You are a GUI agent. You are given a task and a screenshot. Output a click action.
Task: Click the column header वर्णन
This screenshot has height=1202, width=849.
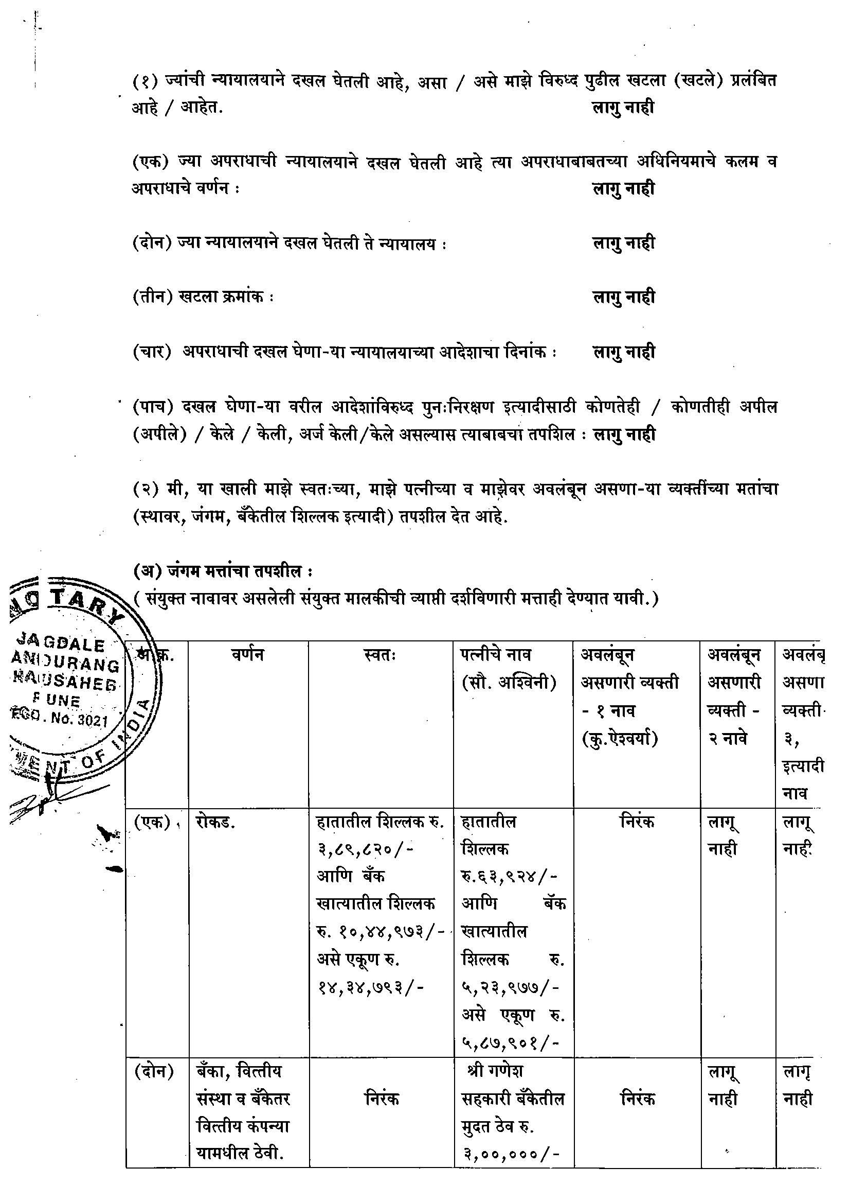pyautogui.click(x=248, y=654)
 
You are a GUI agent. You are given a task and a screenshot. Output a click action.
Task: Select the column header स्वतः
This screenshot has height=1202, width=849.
pyautogui.click(x=381, y=654)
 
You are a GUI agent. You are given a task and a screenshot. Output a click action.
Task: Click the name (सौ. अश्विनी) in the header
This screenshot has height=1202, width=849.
pyautogui.click(x=509, y=683)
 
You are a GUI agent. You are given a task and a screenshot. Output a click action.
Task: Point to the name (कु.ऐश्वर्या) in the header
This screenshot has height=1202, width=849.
pyautogui.click(x=619, y=739)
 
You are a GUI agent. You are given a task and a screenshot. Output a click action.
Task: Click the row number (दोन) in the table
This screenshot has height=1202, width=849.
pyautogui.click(x=154, y=1072)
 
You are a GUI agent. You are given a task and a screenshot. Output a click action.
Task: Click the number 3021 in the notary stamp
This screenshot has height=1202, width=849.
pyautogui.click(x=92, y=720)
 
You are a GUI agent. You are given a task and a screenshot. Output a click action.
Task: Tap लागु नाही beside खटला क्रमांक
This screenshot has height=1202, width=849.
pyautogui.click(x=623, y=298)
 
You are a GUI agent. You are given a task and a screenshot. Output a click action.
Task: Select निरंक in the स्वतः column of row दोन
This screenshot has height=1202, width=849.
pyautogui.click(x=382, y=1099)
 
